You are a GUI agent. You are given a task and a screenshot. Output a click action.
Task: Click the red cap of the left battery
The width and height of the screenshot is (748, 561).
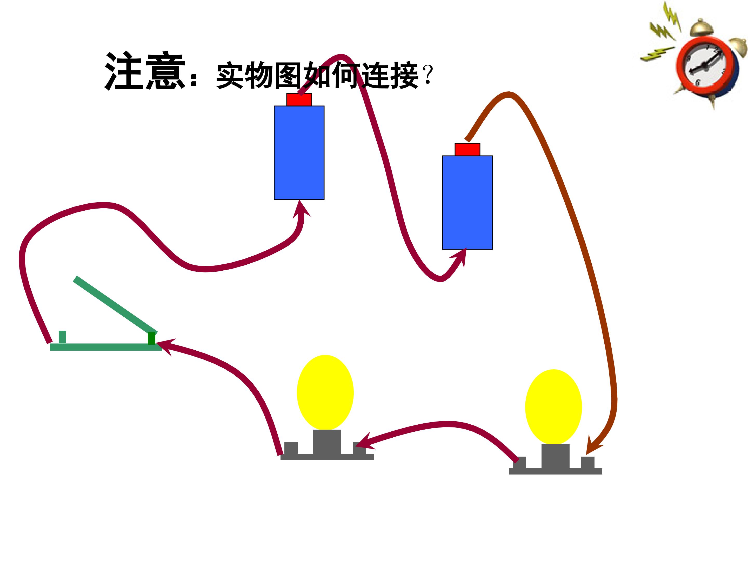(x=299, y=100)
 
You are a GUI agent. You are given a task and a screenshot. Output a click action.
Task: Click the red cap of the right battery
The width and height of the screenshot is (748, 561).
(x=467, y=149)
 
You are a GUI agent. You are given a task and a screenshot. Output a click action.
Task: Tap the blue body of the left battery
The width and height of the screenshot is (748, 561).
(x=299, y=153)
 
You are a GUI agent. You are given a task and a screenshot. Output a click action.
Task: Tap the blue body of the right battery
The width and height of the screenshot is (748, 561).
(x=467, y=203)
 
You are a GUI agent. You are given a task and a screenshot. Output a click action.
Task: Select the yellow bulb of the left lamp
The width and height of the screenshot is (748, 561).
(x=325, y=392)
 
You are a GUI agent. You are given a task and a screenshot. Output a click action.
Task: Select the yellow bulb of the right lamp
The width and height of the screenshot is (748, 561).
(x=553, y=407)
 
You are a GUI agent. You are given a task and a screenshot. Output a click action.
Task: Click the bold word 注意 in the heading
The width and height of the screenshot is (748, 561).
(x=145, y=71)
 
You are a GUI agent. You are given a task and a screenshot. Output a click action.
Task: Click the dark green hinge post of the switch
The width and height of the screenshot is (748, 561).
(x=151, y=338)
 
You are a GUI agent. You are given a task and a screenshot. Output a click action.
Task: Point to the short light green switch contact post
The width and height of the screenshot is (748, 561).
(x=62, y=337)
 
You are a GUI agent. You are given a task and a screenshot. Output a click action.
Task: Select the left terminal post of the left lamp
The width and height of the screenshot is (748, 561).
(x=291, y=448)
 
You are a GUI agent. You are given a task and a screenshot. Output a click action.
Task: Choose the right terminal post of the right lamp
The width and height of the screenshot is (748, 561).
(x=588, y=463)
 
